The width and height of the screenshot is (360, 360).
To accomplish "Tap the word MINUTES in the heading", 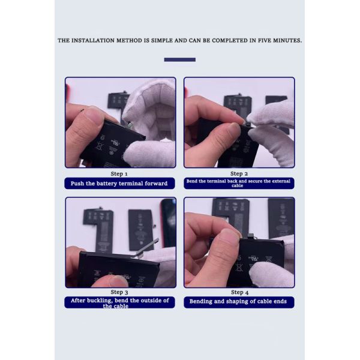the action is (x=287, y=41).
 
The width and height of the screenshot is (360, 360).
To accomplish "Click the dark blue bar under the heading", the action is (x=180, y=59).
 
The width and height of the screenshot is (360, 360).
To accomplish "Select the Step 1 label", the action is (x=119, y=174).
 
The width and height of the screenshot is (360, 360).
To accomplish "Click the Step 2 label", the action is (x=239, y=174).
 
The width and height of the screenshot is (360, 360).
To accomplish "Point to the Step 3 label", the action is (x=119, y=292).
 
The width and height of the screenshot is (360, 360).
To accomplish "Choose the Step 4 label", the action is (x=239, y=292).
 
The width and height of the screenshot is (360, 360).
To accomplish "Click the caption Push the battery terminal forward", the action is (x=119, y=184).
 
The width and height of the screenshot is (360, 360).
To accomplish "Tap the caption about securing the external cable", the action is (x=238, y=183).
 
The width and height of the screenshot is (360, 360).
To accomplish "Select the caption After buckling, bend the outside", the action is (x=119, y=303).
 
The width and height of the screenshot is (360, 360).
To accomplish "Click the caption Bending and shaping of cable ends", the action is (x=238, y=301).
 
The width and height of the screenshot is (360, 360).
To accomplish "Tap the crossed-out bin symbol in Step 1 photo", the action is (x=100, y=146).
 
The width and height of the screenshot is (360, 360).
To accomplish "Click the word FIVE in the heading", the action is (x=264, y=41).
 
